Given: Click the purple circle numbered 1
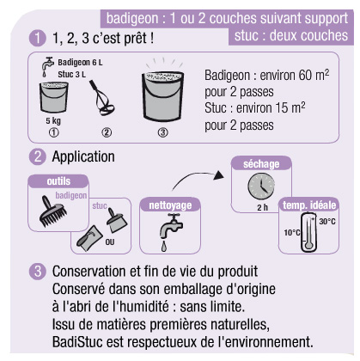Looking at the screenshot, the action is (38, 38).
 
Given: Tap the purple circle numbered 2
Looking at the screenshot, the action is (38, 156).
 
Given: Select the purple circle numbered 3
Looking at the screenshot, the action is (38, 272).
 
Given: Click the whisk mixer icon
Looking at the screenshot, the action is (101, 97).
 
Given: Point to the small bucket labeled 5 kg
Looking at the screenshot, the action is (54, 97).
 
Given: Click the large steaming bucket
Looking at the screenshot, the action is (162, 96).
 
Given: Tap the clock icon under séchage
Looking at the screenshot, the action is (261, 187).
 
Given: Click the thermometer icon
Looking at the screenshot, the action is (308, 232).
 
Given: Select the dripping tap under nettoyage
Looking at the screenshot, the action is (171, 232).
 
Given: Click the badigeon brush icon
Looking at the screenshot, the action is (53, 211).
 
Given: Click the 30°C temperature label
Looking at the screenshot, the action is (327, 221).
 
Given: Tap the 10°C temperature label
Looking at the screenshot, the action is (292, 232).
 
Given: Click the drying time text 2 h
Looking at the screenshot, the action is (262, 207).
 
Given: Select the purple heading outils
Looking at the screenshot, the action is (58, 181).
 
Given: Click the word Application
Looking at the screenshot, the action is (83, 156).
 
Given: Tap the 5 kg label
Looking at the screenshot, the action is (53, 120).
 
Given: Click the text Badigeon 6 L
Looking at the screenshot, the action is (80, 62).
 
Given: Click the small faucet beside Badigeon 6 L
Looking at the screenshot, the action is (47, 67).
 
